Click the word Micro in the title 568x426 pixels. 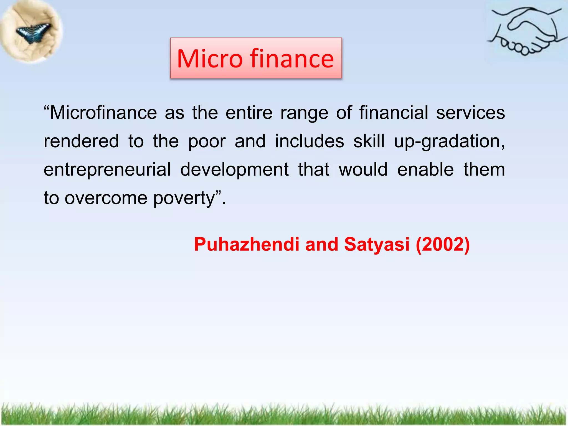[210, 59]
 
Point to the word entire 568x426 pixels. [249, 113]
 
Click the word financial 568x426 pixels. [394, 113]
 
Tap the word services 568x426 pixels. [470, 113]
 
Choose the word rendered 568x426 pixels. [81, 141]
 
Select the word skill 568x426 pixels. [369, 141]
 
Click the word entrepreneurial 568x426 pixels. [107, 170]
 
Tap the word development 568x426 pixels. [234, 170]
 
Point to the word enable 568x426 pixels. [425, 169]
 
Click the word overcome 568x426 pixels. [106, 198]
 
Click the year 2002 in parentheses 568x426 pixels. [443, 245]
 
